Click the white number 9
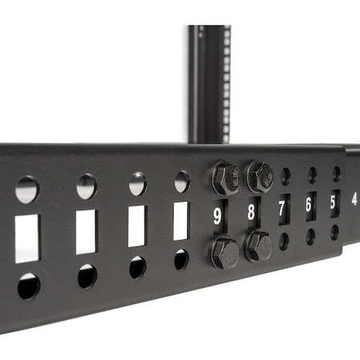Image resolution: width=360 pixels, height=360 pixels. [x=217, y=215]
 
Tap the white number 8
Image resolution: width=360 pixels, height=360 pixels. [x=251, y=212]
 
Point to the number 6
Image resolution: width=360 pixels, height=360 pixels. [x=309, y=205]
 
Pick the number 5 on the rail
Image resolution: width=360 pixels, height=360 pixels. [x=334, y=202]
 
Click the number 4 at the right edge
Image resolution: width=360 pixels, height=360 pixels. [x=354, y=198]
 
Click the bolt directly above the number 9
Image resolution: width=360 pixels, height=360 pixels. [x=225, y=178]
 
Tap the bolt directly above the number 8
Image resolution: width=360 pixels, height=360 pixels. [x=258, y=176]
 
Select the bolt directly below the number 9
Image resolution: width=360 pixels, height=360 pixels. [x=224, y=252]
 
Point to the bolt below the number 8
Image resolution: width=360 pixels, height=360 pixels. [x=258, y=246]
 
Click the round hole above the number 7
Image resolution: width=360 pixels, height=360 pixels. [x=286, y=176]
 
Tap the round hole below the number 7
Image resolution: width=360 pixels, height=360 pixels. [x=284, y=241]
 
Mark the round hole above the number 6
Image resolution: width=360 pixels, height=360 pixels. [x=312, y=174]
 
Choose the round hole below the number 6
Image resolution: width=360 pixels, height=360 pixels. [x=310, y=236]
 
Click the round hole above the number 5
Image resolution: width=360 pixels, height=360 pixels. [x=336, y=173]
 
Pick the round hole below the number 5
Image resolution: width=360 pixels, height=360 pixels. [x=334, y=232]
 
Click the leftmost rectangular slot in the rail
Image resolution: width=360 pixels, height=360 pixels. [x=27, y=238]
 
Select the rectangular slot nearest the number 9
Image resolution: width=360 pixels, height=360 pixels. [x=181, y=220]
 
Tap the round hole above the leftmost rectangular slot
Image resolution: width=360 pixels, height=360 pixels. [x=27, y=190]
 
